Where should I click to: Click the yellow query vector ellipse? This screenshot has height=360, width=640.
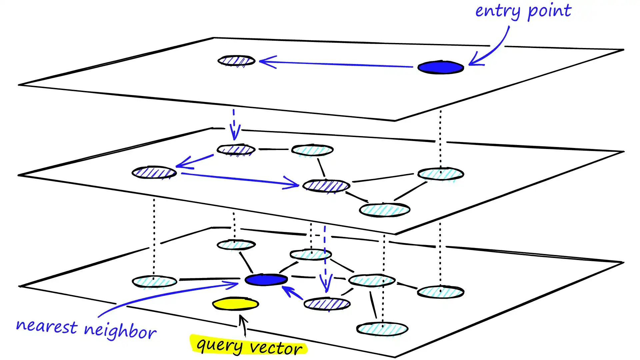pos(236,304)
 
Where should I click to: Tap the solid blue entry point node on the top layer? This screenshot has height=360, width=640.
pos(440,67)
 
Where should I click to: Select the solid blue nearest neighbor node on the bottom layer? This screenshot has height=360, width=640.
pos(266,280)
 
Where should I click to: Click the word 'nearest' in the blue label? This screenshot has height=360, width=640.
pos(47,326)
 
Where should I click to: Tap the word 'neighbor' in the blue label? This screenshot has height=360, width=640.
pos(120,331)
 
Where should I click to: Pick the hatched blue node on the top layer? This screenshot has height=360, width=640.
pos(236,61)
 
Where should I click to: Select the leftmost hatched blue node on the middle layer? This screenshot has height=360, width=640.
pos(154,172)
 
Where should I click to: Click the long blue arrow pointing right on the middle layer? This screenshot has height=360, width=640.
pos(240,179)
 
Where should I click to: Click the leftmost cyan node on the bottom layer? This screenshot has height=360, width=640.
pos(154,282)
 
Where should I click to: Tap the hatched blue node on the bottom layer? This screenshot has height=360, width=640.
pos(327,304)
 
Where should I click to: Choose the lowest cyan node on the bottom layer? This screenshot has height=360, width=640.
pos(382,329)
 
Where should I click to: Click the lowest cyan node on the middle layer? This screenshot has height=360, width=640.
pos(384,210)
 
